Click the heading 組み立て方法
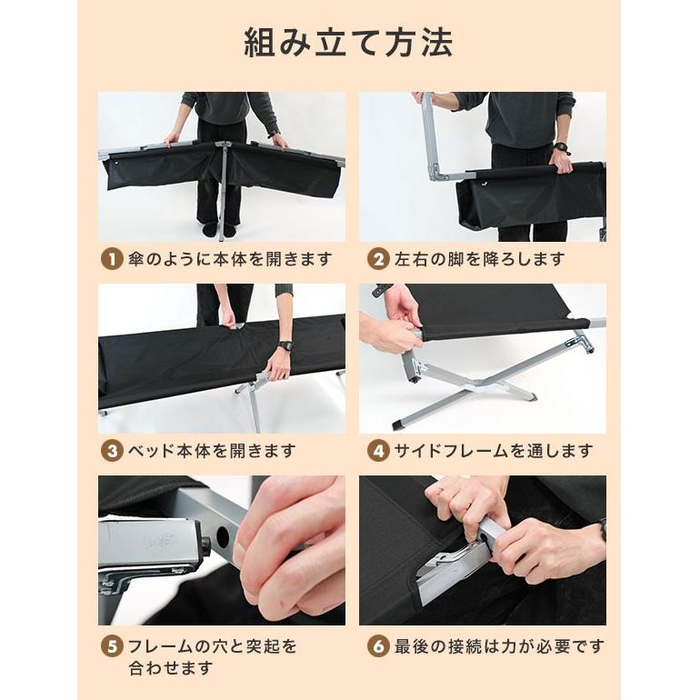349,44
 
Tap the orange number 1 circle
110,259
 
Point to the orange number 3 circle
110,450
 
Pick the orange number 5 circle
110,647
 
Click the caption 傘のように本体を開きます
229,259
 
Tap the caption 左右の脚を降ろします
479,259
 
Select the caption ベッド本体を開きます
211,450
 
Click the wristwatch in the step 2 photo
561,148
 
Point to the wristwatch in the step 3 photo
285,345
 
